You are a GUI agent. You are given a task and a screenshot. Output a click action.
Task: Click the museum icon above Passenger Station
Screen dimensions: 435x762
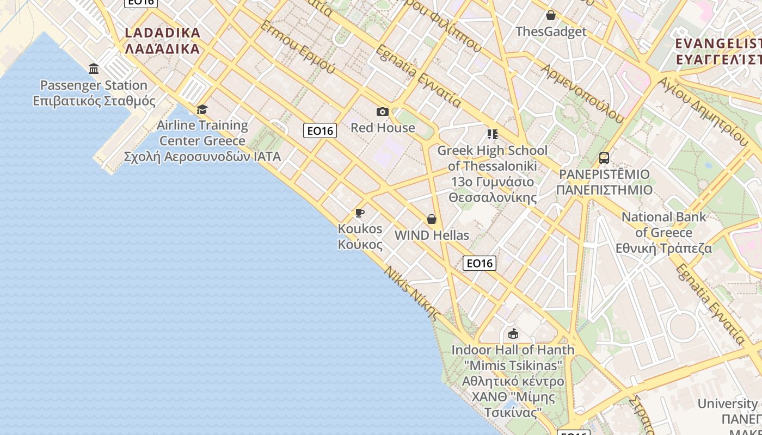94,69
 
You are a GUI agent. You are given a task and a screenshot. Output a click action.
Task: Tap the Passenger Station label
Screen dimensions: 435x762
94,93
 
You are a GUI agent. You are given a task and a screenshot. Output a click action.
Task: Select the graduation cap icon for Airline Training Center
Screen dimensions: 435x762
202,109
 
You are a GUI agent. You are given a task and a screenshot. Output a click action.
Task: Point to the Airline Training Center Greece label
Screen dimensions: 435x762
202,141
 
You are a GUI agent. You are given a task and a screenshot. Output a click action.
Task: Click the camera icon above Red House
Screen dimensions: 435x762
383,112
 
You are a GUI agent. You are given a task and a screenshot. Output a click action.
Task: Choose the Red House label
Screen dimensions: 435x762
383,128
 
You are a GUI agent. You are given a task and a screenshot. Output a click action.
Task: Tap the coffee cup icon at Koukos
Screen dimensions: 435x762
360,213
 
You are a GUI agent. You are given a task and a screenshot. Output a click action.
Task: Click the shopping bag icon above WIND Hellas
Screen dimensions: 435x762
432,219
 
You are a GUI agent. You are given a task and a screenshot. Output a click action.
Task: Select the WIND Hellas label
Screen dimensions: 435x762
432,235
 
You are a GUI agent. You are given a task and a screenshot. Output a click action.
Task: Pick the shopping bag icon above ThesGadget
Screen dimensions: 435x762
551,15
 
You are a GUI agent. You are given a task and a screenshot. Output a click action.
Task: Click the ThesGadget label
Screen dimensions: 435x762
551,32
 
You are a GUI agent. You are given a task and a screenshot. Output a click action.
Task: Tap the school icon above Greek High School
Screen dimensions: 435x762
493,134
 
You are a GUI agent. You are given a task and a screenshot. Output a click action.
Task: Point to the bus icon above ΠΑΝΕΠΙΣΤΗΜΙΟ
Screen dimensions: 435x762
604,158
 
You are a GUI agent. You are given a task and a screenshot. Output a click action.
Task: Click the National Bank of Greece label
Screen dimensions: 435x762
663,232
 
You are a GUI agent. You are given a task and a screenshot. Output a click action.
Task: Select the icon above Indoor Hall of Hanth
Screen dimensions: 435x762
513,334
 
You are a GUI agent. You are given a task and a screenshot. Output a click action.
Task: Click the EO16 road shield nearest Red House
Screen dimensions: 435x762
320,130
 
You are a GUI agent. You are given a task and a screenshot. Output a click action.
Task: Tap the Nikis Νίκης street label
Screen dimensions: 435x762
413,294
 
